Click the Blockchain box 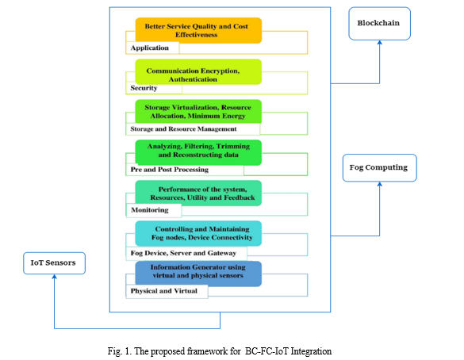[379, 24]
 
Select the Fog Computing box [380, 168]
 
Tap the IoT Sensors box [54, 263]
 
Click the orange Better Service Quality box [198, 30]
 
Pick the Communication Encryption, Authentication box [198, 72]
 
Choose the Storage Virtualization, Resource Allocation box [198, 112]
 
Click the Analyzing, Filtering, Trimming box [198, 152]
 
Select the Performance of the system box [198, 193]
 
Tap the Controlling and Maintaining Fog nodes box [198, 233]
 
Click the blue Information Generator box [198, 274]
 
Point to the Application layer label [150, 48]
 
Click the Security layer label [144, 88]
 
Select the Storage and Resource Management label [183, 129]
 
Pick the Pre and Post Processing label [170, 170]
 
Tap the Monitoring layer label [150, 210]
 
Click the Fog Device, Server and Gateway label [183, 253]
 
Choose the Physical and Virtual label [164, 291]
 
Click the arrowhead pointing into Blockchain [380, 42]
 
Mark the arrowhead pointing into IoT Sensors [55, 276]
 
